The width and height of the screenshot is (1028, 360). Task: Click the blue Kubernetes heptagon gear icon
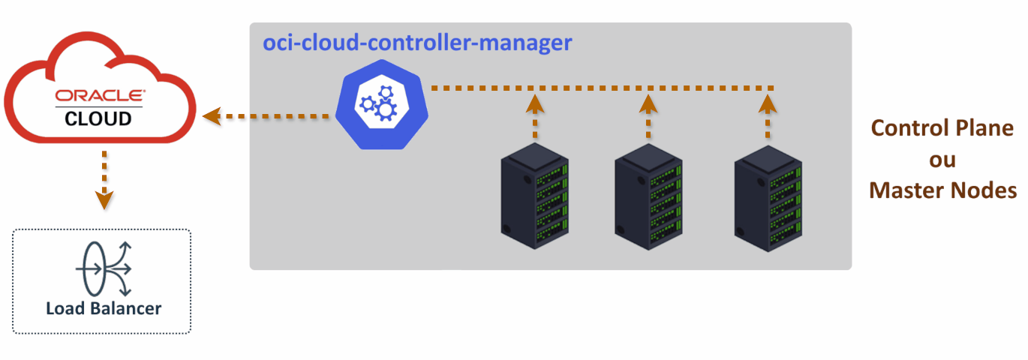(x=381, y=106)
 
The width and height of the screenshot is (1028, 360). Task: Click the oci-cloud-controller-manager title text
(x=416, y=43)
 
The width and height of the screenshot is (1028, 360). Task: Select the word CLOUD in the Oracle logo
(x=98, y=118)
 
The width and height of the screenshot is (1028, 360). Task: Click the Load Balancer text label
(x=104, y=308)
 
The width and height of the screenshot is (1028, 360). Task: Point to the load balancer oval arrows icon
(x=104, y=268)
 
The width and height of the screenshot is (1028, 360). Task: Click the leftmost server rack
(x=535, y=196)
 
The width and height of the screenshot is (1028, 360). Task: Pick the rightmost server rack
(x=768, y=196)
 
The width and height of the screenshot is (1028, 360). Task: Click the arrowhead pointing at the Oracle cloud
(x=212, y=115)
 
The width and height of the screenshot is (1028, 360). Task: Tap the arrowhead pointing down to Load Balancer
(x=104, y=200)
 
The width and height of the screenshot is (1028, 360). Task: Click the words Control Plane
(x=942, y=127)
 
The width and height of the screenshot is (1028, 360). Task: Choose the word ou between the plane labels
(x=942, y=159)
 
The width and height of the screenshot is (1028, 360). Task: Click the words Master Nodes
(x=942, y=190)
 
